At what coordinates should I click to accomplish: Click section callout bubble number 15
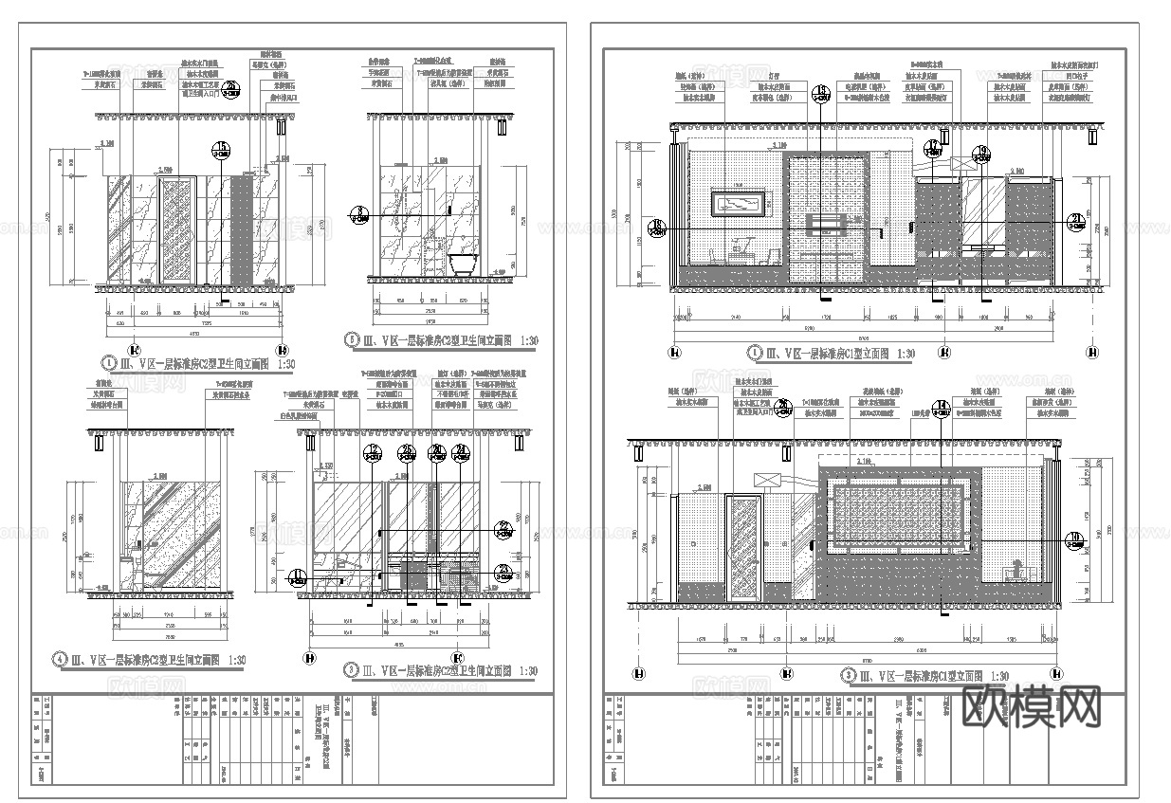(x=222, y=148)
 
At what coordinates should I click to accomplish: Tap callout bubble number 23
(x=503, y=572)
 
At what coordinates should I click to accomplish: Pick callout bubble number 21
(x=1075, y=221)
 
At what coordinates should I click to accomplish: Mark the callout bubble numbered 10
(x=1075, y=540)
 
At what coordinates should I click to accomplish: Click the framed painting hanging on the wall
(x=740, y=203)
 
